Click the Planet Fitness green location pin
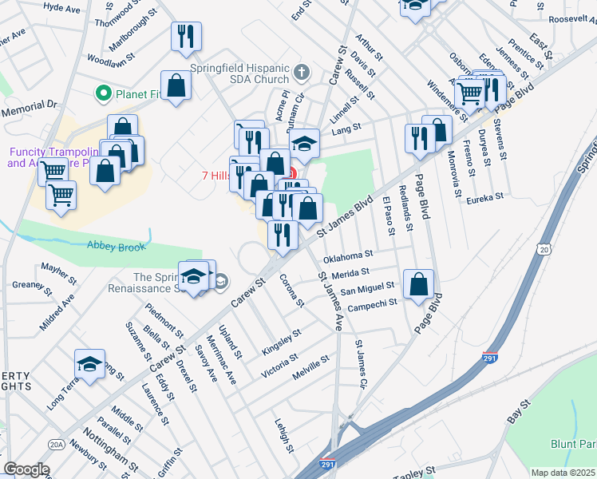point(103,95)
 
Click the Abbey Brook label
point(116,247)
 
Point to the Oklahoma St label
point(349,256)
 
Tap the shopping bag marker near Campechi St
point(419,285)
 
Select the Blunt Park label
point(573,444)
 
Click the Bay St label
point(519,410)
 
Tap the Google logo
point(26,469)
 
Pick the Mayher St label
point(57,270)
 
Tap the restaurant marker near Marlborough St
point(186,36)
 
